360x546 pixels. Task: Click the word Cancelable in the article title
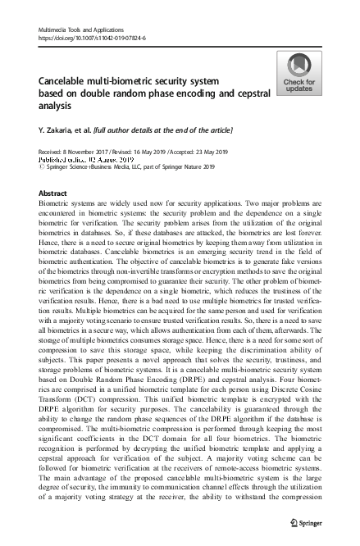65,82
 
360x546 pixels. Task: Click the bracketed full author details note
164,130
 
